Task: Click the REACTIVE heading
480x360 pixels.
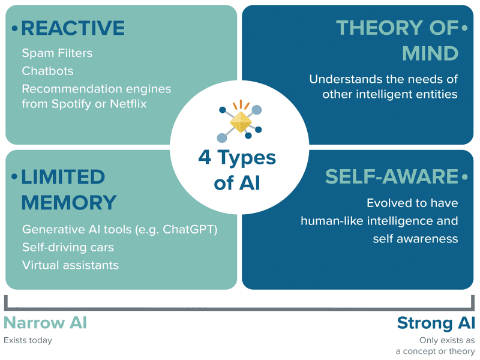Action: click(73, 28)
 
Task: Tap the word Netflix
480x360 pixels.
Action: click(125, 103)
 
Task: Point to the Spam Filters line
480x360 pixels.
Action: click(57, 53)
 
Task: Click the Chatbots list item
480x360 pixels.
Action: click(47, 71)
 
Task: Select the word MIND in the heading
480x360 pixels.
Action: click(430, 53)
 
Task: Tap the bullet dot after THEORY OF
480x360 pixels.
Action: click(464, 28)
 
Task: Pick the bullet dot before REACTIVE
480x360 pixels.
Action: click(14, 28)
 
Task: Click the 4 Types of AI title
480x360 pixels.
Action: click(238, 170)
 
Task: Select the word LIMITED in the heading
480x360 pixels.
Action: click(63, 177)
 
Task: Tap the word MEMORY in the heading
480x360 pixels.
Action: click(68, 202)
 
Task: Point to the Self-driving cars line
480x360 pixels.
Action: click(68, 247)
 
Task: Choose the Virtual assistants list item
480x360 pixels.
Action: click(70, 265)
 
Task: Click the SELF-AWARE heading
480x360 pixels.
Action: click(392, 177)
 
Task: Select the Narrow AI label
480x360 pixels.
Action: click(45, 323)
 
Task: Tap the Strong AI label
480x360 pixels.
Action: click(436, 323)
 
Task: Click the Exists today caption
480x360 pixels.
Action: click(28, 341)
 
